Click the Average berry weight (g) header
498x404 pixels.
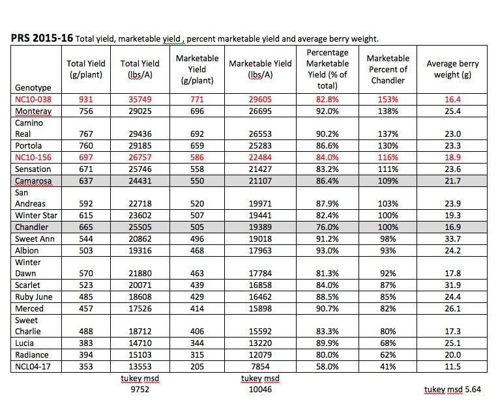tap(452, 69)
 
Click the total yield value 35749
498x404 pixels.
tap(140, 99)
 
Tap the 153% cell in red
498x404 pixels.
tap(388, 99)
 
